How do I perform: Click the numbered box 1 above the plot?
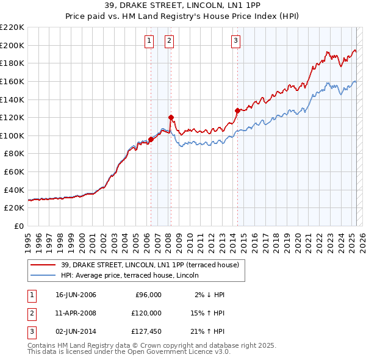(x=149, y=41)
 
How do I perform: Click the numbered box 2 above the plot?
(x=169, y=41)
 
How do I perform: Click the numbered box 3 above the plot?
(x=235, y=41)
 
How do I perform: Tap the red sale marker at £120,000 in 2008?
(x=171, y=117)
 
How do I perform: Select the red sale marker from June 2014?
(x=237, y=110)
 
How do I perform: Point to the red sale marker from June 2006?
(x=151, y=139)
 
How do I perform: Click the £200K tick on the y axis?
(x=12, y=45)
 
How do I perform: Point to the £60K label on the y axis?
(x=14, y=171)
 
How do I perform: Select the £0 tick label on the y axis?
(x=20, y=226)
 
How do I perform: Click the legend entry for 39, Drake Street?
(x=152, y=264)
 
